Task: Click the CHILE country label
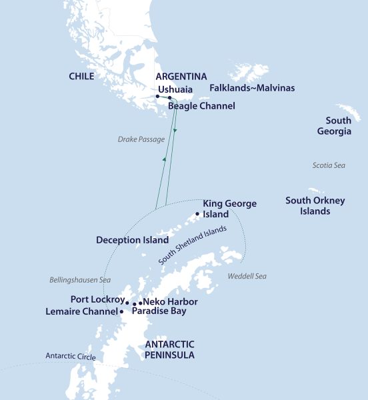pos(81,77)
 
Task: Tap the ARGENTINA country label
pos(181,77)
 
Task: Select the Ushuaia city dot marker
pos(157,97)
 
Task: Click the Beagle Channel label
pos(201,106)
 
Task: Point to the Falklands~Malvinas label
pos(252,88)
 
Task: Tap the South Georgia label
pos(338,126)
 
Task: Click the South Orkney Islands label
pos(307,205)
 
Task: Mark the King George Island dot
pos(197,214)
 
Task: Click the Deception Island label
pos(131,240)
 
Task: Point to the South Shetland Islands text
pos(193,245)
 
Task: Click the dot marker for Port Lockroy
pos(127,302)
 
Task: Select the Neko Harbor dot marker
pos(140,303)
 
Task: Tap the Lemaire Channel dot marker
pos(121,311)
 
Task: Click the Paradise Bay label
pos(159,311)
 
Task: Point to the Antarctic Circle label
pos(70,357)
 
